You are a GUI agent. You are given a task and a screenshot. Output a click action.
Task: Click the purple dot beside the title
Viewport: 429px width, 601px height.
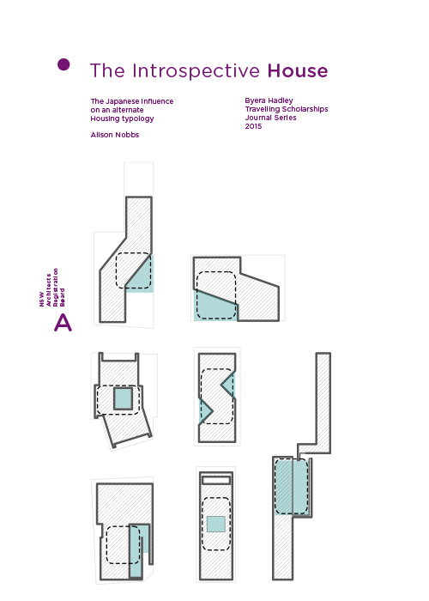[63, 64]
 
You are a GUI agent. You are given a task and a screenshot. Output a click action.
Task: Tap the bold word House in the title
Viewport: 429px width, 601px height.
[297, 70]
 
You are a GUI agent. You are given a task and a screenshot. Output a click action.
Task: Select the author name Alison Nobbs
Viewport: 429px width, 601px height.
[116, 135]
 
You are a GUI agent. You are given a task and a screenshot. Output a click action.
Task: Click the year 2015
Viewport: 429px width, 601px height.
[253, 126]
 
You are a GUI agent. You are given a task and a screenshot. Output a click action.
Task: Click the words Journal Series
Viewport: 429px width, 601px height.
[270, 118]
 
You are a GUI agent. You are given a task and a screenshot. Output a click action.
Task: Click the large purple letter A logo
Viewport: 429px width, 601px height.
[63, 322]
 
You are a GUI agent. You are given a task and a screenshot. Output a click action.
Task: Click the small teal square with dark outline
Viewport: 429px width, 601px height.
[124, 398]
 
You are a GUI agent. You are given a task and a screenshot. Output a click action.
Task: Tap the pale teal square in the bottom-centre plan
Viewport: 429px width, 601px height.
[215, 524]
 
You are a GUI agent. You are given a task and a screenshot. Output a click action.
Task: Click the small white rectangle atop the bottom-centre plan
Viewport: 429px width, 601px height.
[216, 481]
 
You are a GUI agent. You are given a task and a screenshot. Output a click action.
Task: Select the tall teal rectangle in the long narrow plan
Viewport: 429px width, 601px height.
[292, 486]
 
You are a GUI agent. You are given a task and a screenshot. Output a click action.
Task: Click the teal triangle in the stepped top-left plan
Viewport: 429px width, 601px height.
[142, 276]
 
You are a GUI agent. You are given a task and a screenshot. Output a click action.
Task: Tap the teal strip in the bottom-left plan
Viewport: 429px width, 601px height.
[138, 549]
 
